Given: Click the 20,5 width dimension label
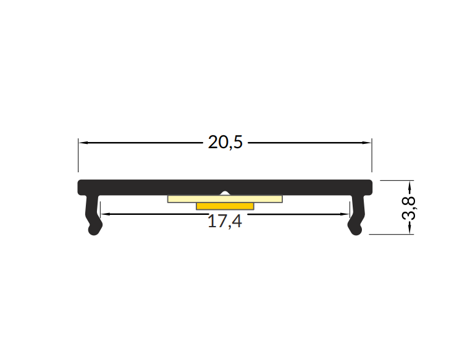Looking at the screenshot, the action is [x=225, y=143].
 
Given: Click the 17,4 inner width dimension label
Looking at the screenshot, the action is [x=225, y=222].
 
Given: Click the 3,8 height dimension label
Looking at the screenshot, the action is [x=409, y=208].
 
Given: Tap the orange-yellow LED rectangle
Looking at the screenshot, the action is [x=225, y=206].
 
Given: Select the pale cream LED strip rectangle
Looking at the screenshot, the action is [x=225, y=199].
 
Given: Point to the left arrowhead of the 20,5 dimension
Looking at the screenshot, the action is [x=83, y=143].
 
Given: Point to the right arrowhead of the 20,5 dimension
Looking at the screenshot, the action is [x=367, y=143].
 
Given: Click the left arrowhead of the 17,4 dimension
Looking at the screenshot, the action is [x=106, y=214].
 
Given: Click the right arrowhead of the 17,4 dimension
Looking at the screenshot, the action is [x=345, y=214].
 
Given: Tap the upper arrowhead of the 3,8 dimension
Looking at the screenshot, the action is [x=409, y=186].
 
